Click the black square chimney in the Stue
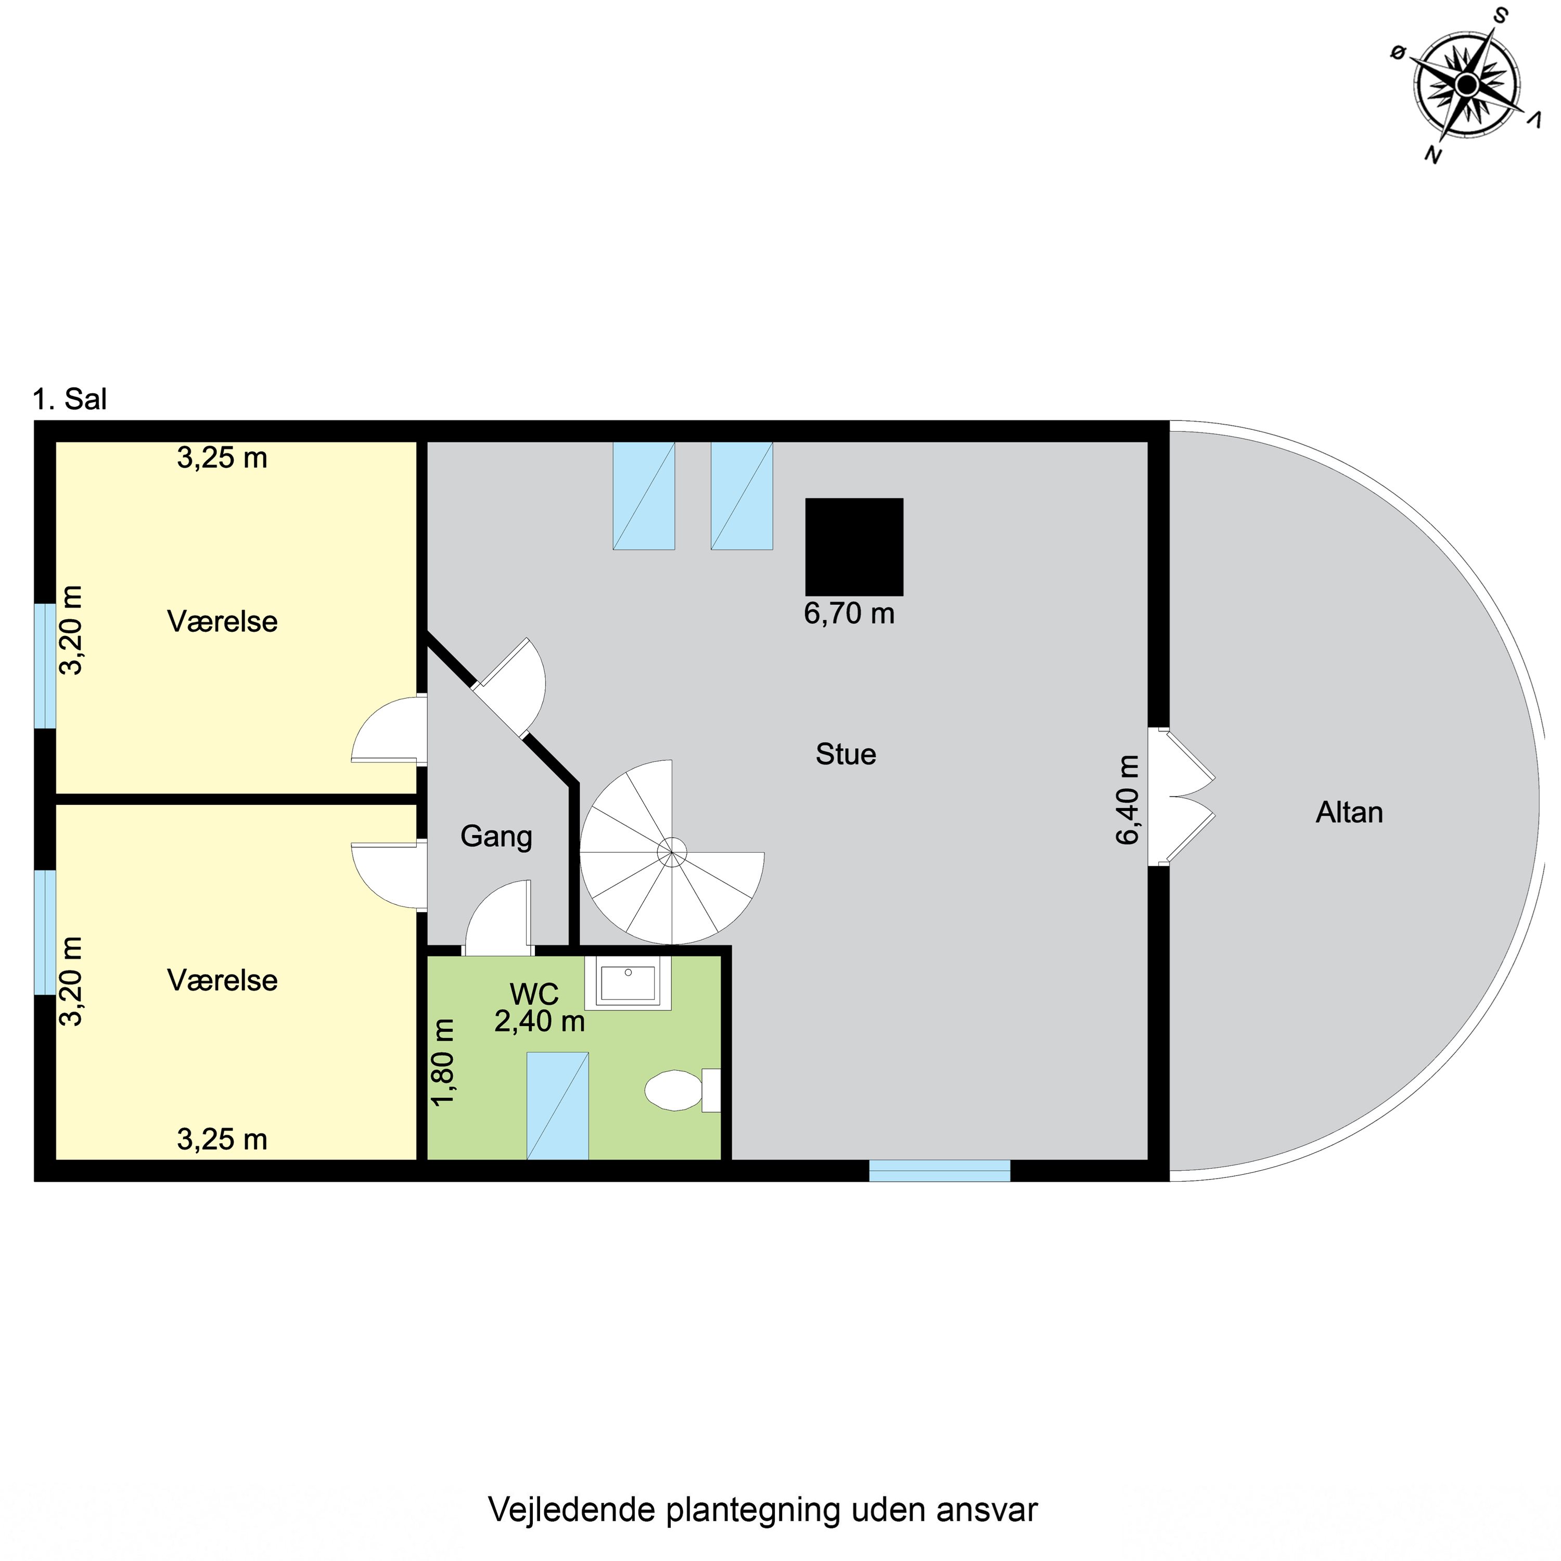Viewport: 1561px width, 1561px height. tap(854, 546)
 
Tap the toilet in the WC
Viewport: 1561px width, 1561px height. tap(675, 1090)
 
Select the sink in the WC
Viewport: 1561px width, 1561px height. tap(628, 982)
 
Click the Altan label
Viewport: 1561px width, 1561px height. tap(1349, 812)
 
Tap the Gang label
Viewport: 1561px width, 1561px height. tap(496, 836)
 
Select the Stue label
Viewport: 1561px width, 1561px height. tap(845, 754)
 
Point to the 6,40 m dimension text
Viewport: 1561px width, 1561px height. tap(1128, 800)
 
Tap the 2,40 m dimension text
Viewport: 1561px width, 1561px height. tap(539, 1021)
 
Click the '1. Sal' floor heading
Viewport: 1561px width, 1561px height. tap(70, 399)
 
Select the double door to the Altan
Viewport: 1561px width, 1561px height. tap(1181, 797)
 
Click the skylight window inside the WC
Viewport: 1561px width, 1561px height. tap(557, 1105)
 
